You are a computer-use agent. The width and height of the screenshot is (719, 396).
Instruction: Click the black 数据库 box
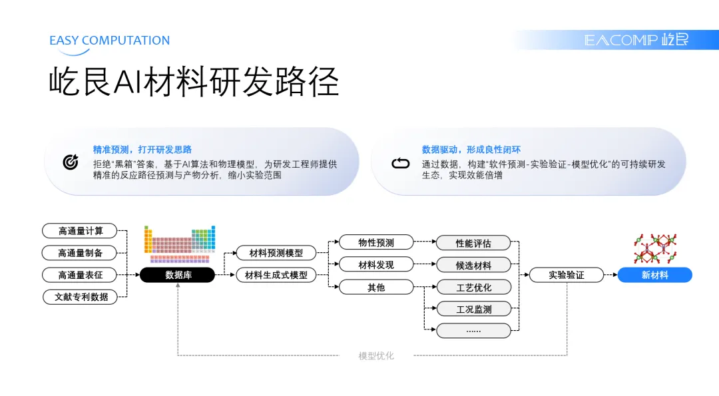point(177,275)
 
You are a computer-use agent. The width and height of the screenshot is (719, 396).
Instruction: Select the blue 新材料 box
point(654,275)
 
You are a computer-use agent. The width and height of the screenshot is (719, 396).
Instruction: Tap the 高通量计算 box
point(79,231)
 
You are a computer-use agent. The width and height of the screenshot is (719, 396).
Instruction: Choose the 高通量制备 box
point(79,253)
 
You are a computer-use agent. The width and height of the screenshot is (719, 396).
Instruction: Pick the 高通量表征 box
point(79,275)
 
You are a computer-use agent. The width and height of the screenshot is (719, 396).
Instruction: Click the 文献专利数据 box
point(81,297)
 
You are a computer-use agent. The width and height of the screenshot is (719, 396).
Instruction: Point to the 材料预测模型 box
point(276,253)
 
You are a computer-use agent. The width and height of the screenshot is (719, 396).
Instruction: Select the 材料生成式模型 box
point(276,275)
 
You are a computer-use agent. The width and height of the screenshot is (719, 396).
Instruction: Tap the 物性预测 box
point(376,243)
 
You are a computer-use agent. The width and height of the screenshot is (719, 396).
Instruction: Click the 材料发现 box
point(376,265)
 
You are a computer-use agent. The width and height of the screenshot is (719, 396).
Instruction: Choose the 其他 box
point(376,288)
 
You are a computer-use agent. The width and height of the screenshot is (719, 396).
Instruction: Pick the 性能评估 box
point(473,243)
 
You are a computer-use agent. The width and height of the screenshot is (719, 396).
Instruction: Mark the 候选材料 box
point(473,265)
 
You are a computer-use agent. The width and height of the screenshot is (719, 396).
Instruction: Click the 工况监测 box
point(473,309)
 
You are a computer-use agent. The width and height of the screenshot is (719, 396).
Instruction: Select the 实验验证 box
point(566,275)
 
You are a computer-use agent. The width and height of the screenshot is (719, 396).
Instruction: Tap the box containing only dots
point(473,330)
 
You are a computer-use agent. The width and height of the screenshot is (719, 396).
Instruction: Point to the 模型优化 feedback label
point(376,356)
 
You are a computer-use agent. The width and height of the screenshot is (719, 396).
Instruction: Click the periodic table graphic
point(180,244)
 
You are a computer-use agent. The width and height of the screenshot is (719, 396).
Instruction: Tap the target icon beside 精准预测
point(71,162)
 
